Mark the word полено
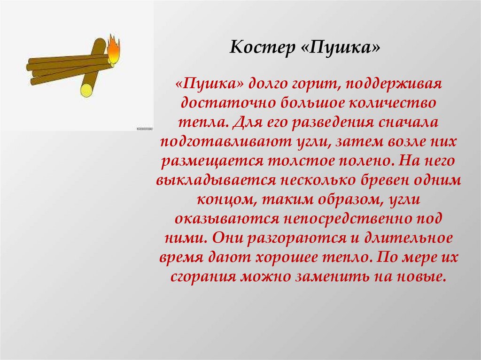(x=367, y=161)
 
